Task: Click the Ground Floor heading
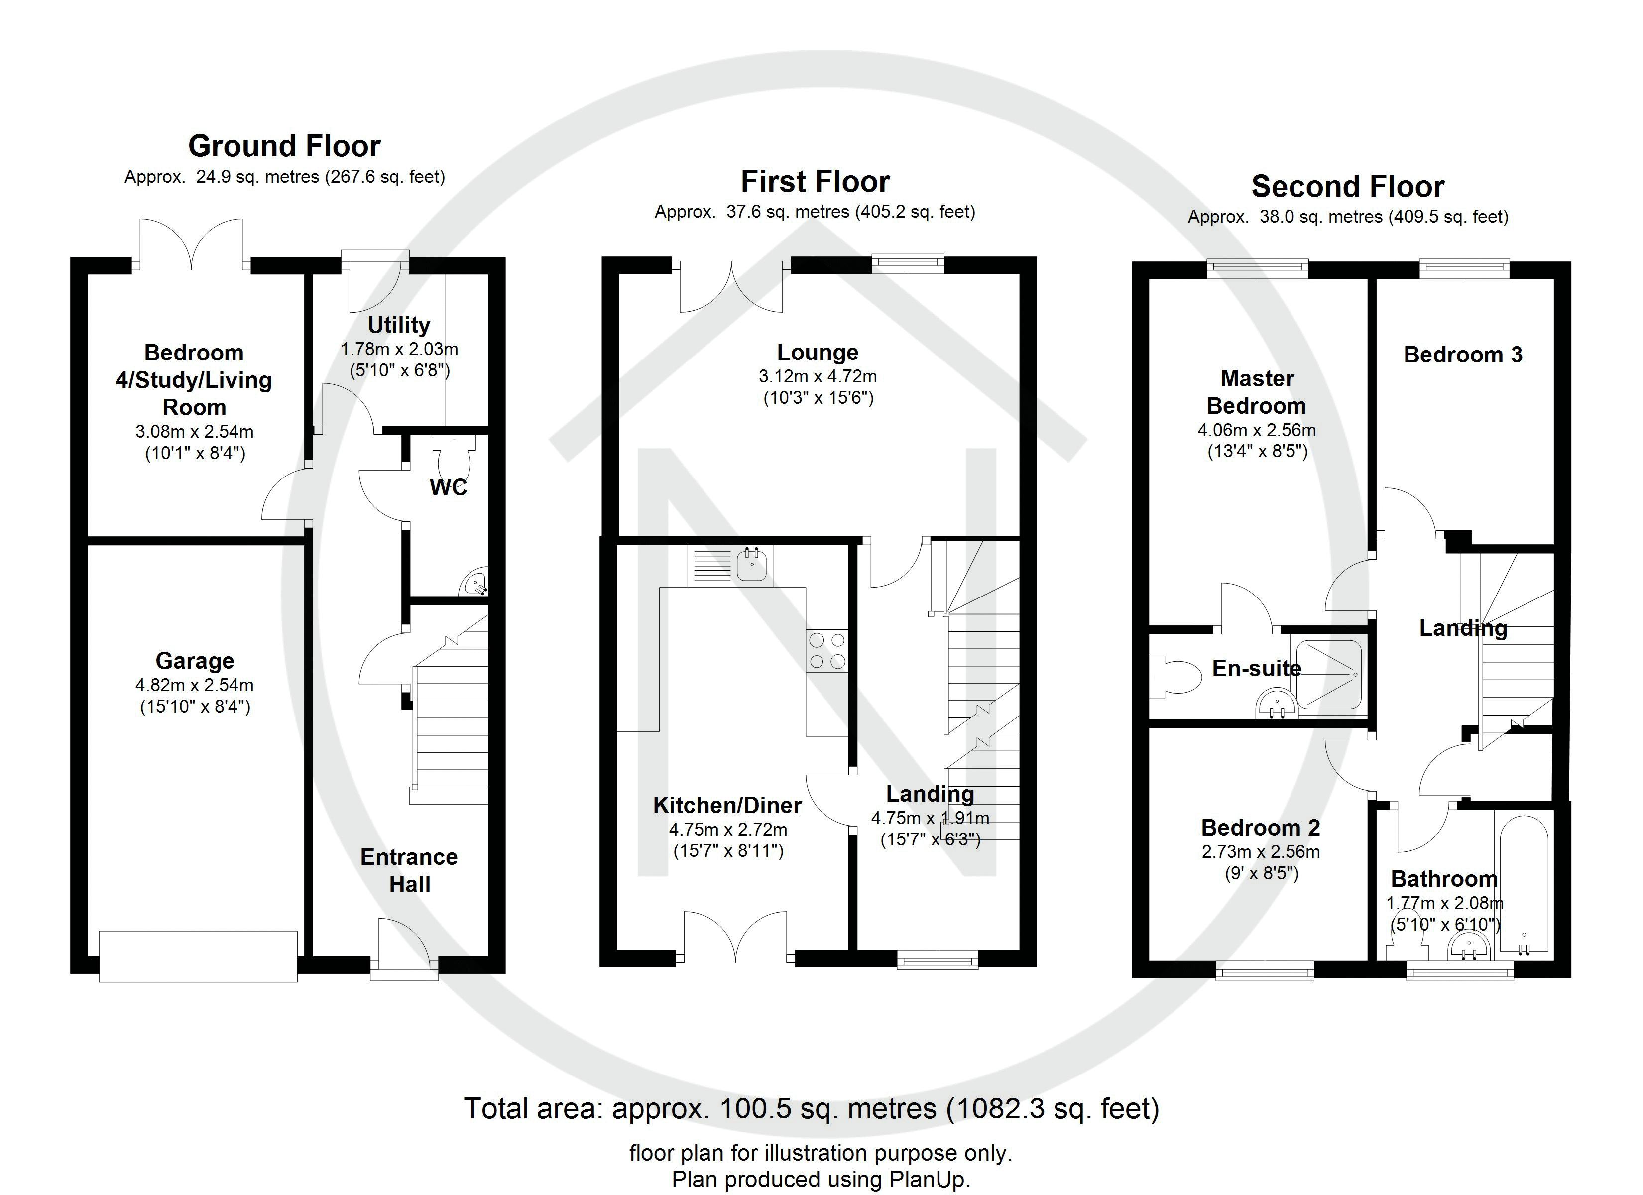[284, 146]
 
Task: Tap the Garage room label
[195, 661]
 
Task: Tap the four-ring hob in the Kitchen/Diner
[826, 650]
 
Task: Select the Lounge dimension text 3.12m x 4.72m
[818, 377]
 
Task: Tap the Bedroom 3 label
[1463, 355]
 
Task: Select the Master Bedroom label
[1257, 392]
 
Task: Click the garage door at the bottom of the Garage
[198, 956]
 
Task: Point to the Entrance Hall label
[409, 870]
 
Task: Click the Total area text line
[812, 1109]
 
